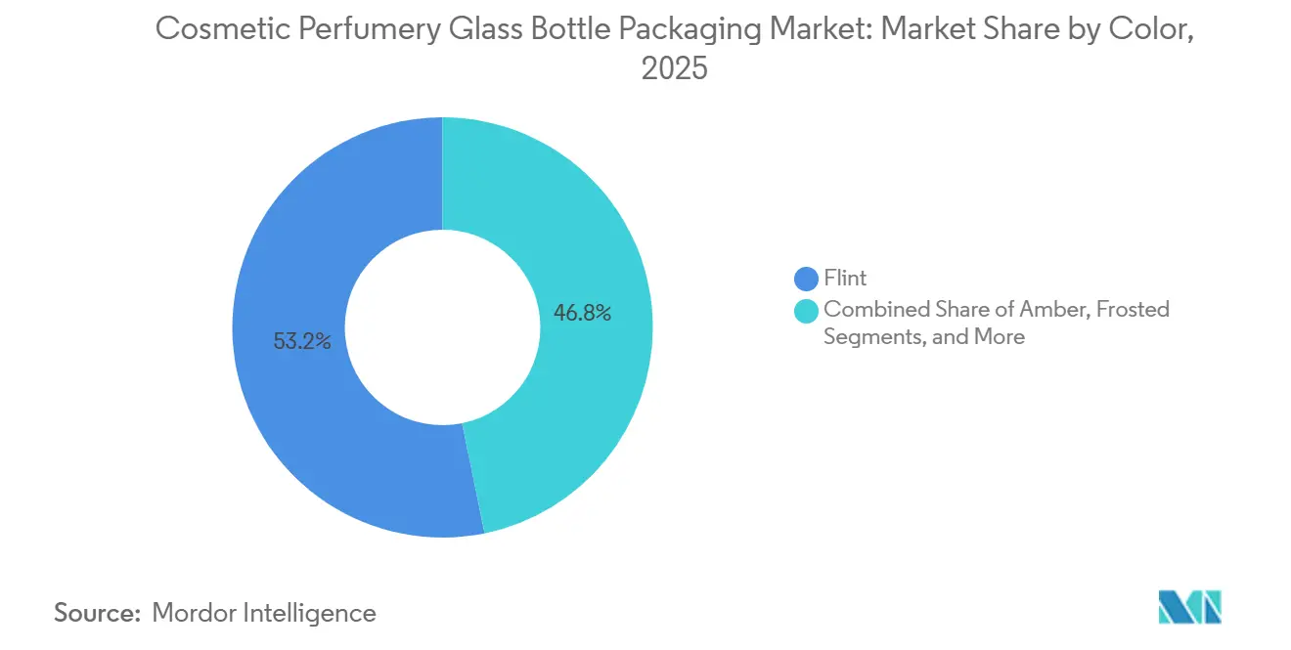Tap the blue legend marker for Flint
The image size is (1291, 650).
(807, 279)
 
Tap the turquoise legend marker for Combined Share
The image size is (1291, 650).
(807, 310)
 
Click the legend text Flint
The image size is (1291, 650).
(845, 279)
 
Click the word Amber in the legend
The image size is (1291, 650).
(1060, 310)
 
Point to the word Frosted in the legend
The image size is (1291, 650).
(1133, 310)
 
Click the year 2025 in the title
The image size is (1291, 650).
(674, 69)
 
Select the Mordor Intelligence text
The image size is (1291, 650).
(264, 613)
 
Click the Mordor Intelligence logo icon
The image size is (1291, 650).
(1189, 607)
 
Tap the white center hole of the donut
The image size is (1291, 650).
(442, 327)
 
